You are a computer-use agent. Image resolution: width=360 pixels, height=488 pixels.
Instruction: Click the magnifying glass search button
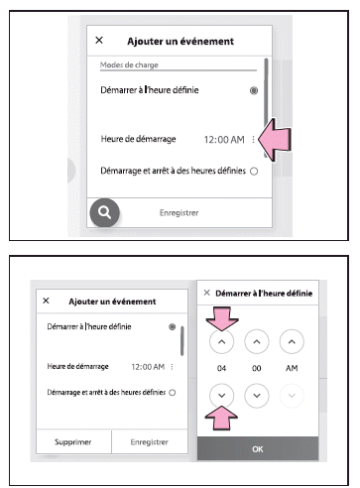tap(104, 212)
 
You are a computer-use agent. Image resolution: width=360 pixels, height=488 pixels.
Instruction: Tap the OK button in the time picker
tap(258, 448)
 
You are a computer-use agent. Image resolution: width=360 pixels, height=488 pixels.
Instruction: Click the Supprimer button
tap(73, 442)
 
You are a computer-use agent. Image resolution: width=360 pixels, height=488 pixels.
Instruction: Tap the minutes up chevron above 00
tap(257, 341)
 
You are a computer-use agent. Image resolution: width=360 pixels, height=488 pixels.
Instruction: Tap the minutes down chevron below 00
tap(257, 396)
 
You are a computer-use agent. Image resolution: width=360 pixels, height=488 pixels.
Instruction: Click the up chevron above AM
tap(292, 341)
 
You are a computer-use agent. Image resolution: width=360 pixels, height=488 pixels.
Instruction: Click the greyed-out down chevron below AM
tap(292, 396)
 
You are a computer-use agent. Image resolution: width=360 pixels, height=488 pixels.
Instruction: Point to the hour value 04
tap(221, 368)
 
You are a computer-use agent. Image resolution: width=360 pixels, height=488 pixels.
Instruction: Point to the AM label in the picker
tap(292, 368)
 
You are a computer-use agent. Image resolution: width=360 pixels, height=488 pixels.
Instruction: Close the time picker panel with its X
tap(207, 293)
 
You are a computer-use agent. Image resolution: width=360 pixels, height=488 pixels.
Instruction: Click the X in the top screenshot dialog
tap(99, 40)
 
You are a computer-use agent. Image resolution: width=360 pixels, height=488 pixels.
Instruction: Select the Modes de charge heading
tap(129, 64)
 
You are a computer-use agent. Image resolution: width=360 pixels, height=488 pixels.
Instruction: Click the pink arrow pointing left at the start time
tap(275, 140)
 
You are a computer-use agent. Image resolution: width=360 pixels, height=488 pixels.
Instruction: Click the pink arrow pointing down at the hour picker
tap(222, 318)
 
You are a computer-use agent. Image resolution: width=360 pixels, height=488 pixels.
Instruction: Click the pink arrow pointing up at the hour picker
tap(221, 418)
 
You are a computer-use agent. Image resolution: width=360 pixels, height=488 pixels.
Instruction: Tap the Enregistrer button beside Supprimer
tap(150, 442)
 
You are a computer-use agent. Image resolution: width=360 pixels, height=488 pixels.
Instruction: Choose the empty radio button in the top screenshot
tap(254, 172)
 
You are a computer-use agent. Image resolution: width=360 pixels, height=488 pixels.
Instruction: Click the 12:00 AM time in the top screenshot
tap(224, 140)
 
